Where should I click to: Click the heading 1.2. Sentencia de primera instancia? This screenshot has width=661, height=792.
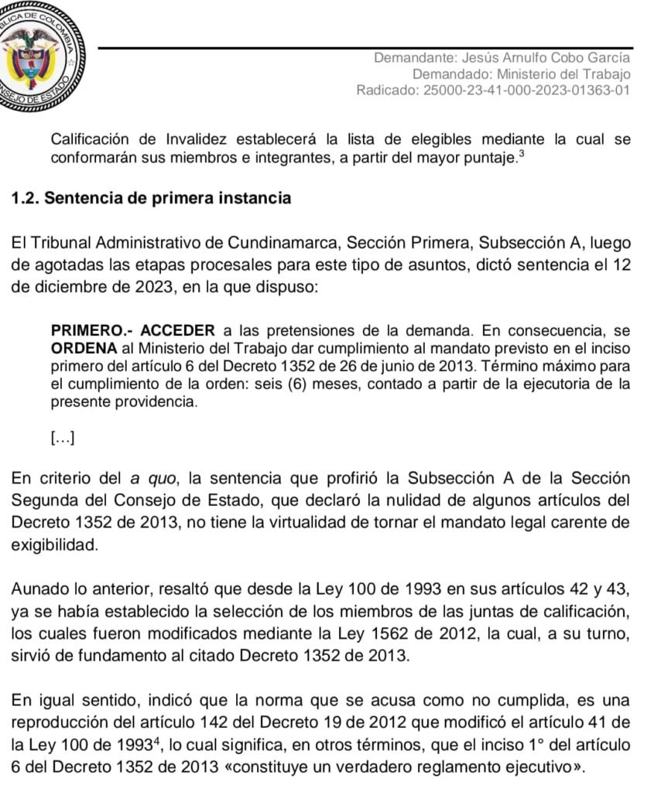[152, 198]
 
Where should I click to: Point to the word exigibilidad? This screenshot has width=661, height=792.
[55, 545]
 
